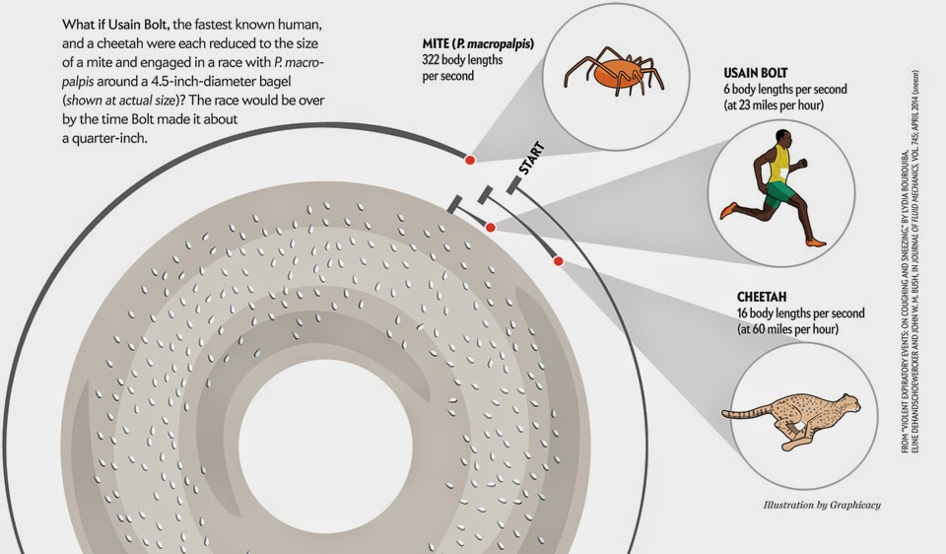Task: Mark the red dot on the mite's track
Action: [470, 160]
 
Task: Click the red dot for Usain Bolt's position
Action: [491, 228]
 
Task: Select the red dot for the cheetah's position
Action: [558, 261]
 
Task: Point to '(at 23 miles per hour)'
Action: [774, 104]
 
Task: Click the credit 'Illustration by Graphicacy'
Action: [822, 506]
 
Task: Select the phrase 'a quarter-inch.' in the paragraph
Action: [102, 137]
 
